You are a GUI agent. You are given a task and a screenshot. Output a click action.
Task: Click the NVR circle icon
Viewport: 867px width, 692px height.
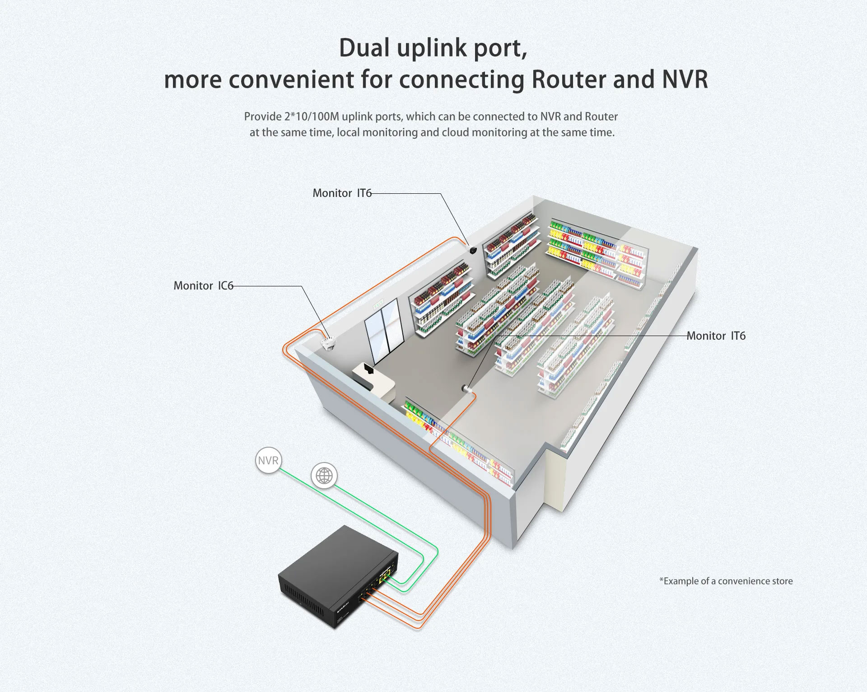click(x=268, y=461)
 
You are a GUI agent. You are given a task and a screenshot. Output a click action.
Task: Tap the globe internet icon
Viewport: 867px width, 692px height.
click(x=324, y=476)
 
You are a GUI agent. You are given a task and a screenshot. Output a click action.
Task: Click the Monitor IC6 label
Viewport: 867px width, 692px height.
click(x=203, y=286)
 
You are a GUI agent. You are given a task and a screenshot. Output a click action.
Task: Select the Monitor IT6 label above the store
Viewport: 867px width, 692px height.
click(x=342, y=193)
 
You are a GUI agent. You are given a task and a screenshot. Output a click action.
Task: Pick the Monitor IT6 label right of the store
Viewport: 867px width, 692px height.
click(x=716, y=336)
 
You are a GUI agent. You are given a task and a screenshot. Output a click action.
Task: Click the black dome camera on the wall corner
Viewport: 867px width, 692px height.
click(x=472, y=250)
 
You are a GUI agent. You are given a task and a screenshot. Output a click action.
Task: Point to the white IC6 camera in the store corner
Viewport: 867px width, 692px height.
click(x=328, y=343)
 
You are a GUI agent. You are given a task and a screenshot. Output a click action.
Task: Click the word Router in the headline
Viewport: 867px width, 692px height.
click(x=569, y=79)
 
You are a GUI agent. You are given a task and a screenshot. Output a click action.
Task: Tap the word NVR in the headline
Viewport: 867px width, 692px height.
click(x=685, y=79)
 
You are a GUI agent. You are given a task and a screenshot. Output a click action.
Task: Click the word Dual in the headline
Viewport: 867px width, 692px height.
click(x=364, y=48)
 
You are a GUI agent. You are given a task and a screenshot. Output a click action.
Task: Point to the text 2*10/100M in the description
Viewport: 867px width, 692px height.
click(x=312, y=117)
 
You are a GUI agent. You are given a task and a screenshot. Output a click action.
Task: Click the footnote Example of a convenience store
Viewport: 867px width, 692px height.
click(x=726, y=581)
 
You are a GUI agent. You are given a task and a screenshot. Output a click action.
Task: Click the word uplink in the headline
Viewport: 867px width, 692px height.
click(x=431, y=48)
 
